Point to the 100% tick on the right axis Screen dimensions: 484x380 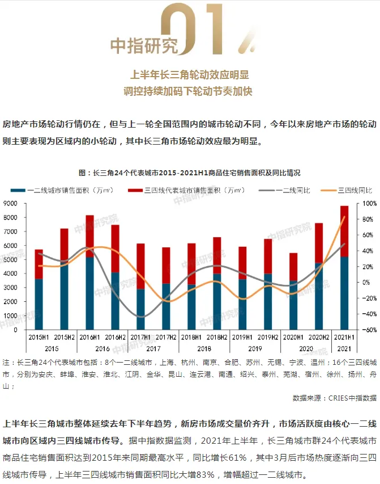[369, 203]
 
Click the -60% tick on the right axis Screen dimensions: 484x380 [369, 330]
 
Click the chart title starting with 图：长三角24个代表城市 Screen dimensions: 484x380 [190, 172]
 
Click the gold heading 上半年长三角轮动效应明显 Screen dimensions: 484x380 [190, 74]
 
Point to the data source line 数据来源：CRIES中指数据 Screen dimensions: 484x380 [334, 398]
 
